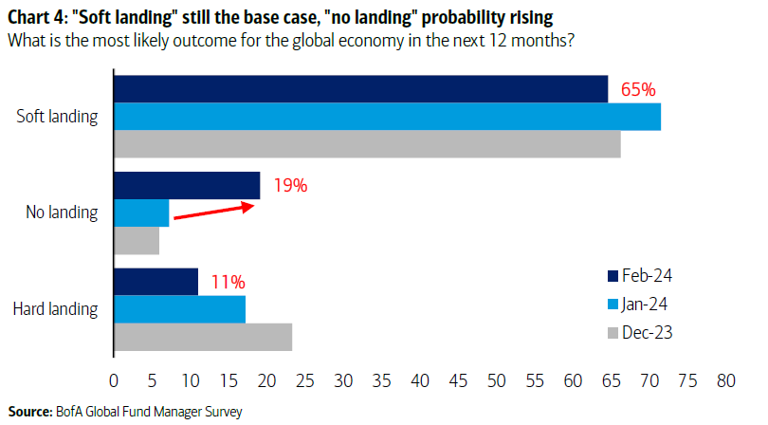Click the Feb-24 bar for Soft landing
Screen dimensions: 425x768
pyautogui.click(x=360, y=89)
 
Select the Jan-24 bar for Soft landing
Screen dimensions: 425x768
pyautogui.click(x=387, y=117)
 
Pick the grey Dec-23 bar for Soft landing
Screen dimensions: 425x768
pyautogui.click(x=367, y=144)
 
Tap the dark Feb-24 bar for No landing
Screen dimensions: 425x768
pyautogui.click(x=187, y=186)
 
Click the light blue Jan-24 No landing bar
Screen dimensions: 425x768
pyautogui.click(x=141, y=213)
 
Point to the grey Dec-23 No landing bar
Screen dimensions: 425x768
pyautogui.click(x=137, y=241)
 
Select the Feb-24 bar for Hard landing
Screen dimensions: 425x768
pyautogui.click(x=156, y=283)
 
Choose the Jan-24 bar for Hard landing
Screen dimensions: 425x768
pyautogui.click(x=179, y=310)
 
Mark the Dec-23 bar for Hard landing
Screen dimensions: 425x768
pyautogui.click(x=203, y=338)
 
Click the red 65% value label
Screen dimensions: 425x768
pyautogui.click(x=637, y=89)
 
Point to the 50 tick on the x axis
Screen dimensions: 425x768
pyautogui.click(x=497, y=380)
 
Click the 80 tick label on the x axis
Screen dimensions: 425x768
pyautogui.click(x=726, y=380)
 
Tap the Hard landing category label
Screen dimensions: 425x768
pyautogui.click(x=57, y=309)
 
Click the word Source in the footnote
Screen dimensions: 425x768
pyautogui.click(x=28, y=411)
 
